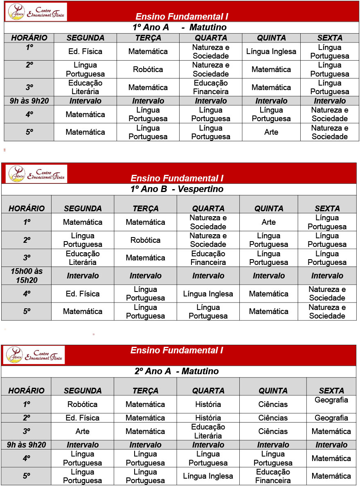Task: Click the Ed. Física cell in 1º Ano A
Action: click(x=85, y=52)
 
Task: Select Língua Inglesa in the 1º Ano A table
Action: click(x=271, y=52)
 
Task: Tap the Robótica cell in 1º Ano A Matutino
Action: click(x=148, y=70)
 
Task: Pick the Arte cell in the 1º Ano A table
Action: click(x=271, y=132)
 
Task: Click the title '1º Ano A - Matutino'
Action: click(x=180, y=28)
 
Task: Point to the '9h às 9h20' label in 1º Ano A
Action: click(x=29, y=101)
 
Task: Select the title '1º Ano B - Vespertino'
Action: click(x=177, y=189)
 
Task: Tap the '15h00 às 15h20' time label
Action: click(x=27, y=276)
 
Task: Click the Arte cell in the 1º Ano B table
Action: click(x=268, y=222)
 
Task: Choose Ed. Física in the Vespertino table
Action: click(x=83, y=294)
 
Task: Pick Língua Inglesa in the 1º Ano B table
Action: click(x=208, y=294)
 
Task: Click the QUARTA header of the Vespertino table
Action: click(x=208, y=208)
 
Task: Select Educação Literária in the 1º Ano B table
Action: click(x=83, y=258)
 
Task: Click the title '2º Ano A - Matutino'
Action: click(x=177, y=371)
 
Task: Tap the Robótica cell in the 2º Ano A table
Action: click(x=83, y=404)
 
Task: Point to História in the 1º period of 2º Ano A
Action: click(x=208, y=404)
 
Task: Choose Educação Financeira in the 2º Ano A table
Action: click(x=273, y=476)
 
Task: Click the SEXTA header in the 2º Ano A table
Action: click(x=331, y=391)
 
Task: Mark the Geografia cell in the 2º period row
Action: click(x=331, y=418)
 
